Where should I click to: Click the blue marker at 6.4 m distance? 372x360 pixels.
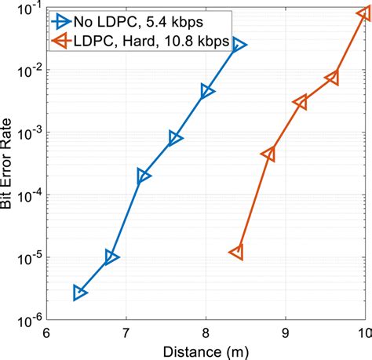[x=79, y=293]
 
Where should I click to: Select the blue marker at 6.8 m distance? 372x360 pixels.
[x=111, y=257]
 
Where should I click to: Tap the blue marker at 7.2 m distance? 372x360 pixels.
[x=143, y=176]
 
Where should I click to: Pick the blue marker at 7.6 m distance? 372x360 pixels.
[x=175, y=139]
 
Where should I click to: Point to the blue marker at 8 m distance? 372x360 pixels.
[x=206, y=92]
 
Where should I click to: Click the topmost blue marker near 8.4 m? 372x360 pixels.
[x=239, y=45]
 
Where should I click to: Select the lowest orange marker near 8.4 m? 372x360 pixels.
[x=237, y=252]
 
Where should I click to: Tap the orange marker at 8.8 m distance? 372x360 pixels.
[x=268, y=155]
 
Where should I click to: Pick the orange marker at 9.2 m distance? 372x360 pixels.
[x=301, y=103]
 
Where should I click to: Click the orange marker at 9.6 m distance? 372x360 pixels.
[x=332, y=78]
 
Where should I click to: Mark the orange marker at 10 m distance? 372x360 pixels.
[x=363, y=13]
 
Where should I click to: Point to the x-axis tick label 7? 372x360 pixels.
[x=126, y=333]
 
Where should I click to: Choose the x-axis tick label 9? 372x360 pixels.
[x=286, y=333]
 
